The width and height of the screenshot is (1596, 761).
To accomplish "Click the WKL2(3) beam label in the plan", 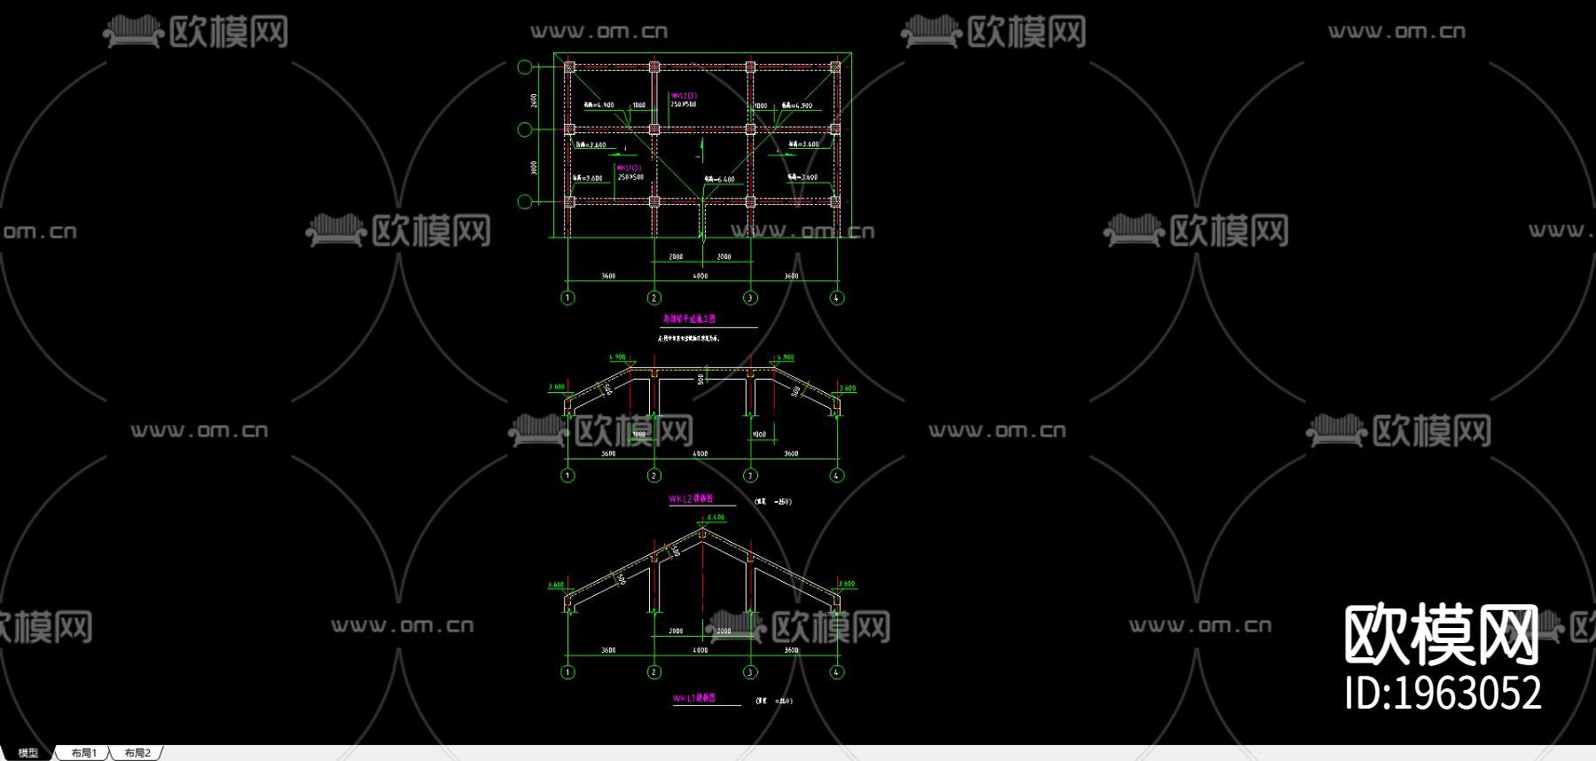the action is point(683,96).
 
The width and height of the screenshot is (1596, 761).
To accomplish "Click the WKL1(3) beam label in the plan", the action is point(629,168).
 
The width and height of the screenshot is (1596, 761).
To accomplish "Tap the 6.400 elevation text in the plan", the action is point(720,179).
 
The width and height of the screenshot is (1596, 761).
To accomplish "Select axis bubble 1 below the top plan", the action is point(568,298).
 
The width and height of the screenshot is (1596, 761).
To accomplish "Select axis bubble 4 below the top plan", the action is point(836,298).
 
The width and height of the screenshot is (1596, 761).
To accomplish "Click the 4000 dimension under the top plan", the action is point(700,276).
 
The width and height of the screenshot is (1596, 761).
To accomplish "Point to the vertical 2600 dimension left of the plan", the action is point(534,100).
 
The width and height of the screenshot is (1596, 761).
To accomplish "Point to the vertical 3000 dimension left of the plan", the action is point(534,167).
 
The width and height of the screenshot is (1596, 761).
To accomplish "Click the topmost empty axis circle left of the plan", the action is point(525,67).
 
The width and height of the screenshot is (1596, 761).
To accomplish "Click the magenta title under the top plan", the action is point(689,318).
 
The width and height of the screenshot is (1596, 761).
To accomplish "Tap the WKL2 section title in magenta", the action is point(691,499).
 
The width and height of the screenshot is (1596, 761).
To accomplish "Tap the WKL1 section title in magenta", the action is point(694,699).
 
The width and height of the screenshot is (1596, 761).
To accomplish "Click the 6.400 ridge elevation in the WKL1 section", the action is point(716,517).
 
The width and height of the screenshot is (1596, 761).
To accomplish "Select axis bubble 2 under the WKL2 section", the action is point(654,475).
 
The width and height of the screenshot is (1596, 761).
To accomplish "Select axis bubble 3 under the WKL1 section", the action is point(750,672).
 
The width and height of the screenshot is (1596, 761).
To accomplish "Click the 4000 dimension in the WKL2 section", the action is point(700,454).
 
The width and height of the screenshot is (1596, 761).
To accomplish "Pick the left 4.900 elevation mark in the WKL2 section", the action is point(617,357).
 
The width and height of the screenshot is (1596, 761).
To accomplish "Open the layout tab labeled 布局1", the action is point(84,753).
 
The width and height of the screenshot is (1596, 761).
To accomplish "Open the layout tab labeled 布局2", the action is point(137,753).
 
